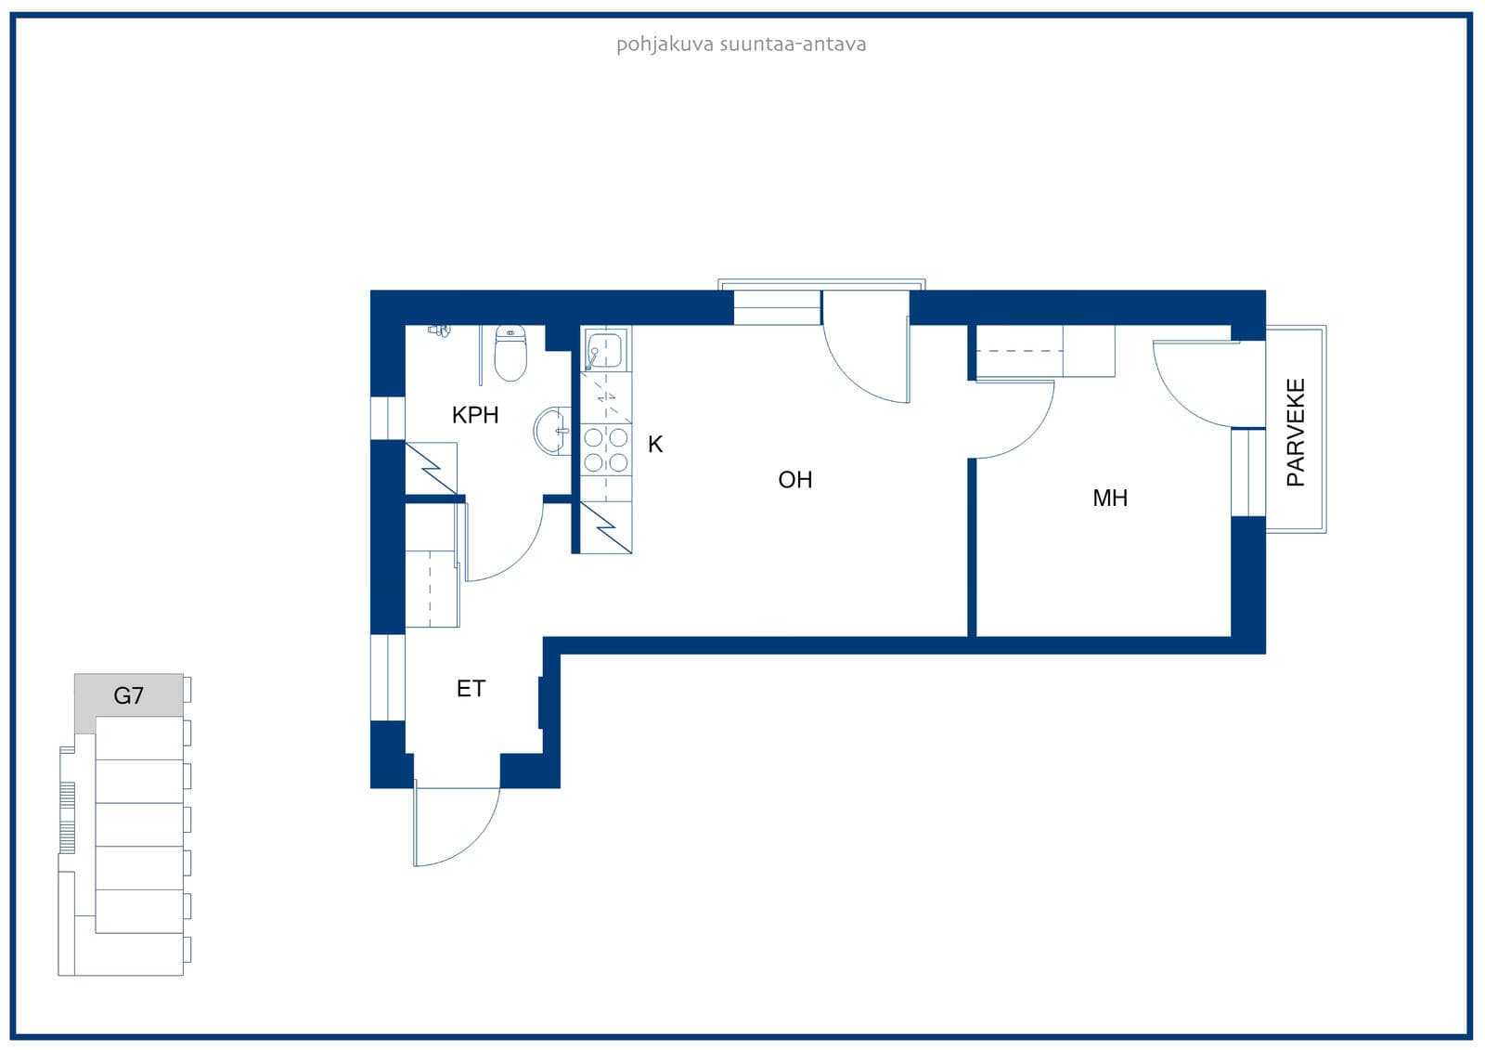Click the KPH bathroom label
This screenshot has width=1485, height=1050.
tap(474, 415)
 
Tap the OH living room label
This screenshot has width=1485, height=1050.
tap(794, 480)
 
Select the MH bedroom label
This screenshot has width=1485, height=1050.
tap(1110, 499)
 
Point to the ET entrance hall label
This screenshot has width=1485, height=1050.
tap(471, 689)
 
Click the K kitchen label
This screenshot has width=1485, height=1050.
tap(655, 445)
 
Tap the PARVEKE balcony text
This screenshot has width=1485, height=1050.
tap(1296, 433)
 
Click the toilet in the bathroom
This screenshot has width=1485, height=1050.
tap(510, 353)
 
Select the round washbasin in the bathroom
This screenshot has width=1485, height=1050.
tap(552, 431)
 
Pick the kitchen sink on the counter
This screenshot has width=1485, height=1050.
tap(604, 350)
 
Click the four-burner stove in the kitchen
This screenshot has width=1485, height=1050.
tap(606, 449)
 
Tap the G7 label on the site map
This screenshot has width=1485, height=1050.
tap(128, 695)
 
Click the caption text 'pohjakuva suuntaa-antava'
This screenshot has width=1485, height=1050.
tap(742, 45)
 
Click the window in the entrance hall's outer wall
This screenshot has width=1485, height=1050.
tap(387, 677)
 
